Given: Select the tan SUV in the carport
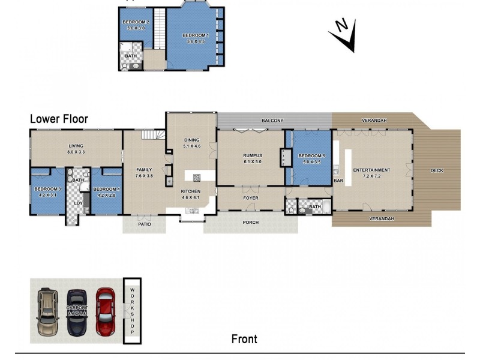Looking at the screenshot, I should pos(47,311).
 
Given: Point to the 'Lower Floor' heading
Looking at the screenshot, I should pos(59,119).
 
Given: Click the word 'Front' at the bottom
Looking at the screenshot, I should pos(244,339).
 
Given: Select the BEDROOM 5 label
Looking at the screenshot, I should pos(311,155).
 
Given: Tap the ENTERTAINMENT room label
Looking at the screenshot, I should pos(371,170).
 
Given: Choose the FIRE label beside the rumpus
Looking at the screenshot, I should pos(283,158).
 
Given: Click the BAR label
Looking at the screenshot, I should pos(338,180).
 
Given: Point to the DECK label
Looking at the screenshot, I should pos(437,170).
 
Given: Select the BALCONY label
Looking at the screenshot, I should pos(272,121).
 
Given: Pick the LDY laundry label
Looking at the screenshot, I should pos(78,203).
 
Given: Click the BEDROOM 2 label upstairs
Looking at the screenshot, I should pos(136,22).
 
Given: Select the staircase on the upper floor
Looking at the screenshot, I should pos(160,30).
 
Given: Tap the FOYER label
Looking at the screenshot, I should pos(250,197).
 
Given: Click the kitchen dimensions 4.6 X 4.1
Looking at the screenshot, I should pos(191,197).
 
